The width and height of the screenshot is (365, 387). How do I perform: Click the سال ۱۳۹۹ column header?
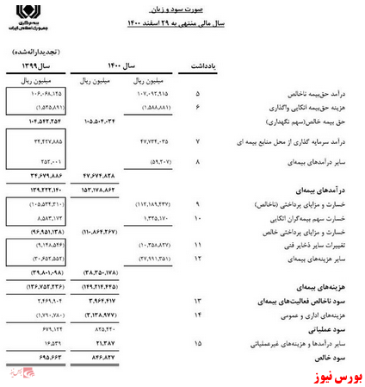pyautogui.click(x=35, y=66)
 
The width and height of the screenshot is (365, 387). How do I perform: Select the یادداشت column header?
pyautogui.click(x=207, y=66)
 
